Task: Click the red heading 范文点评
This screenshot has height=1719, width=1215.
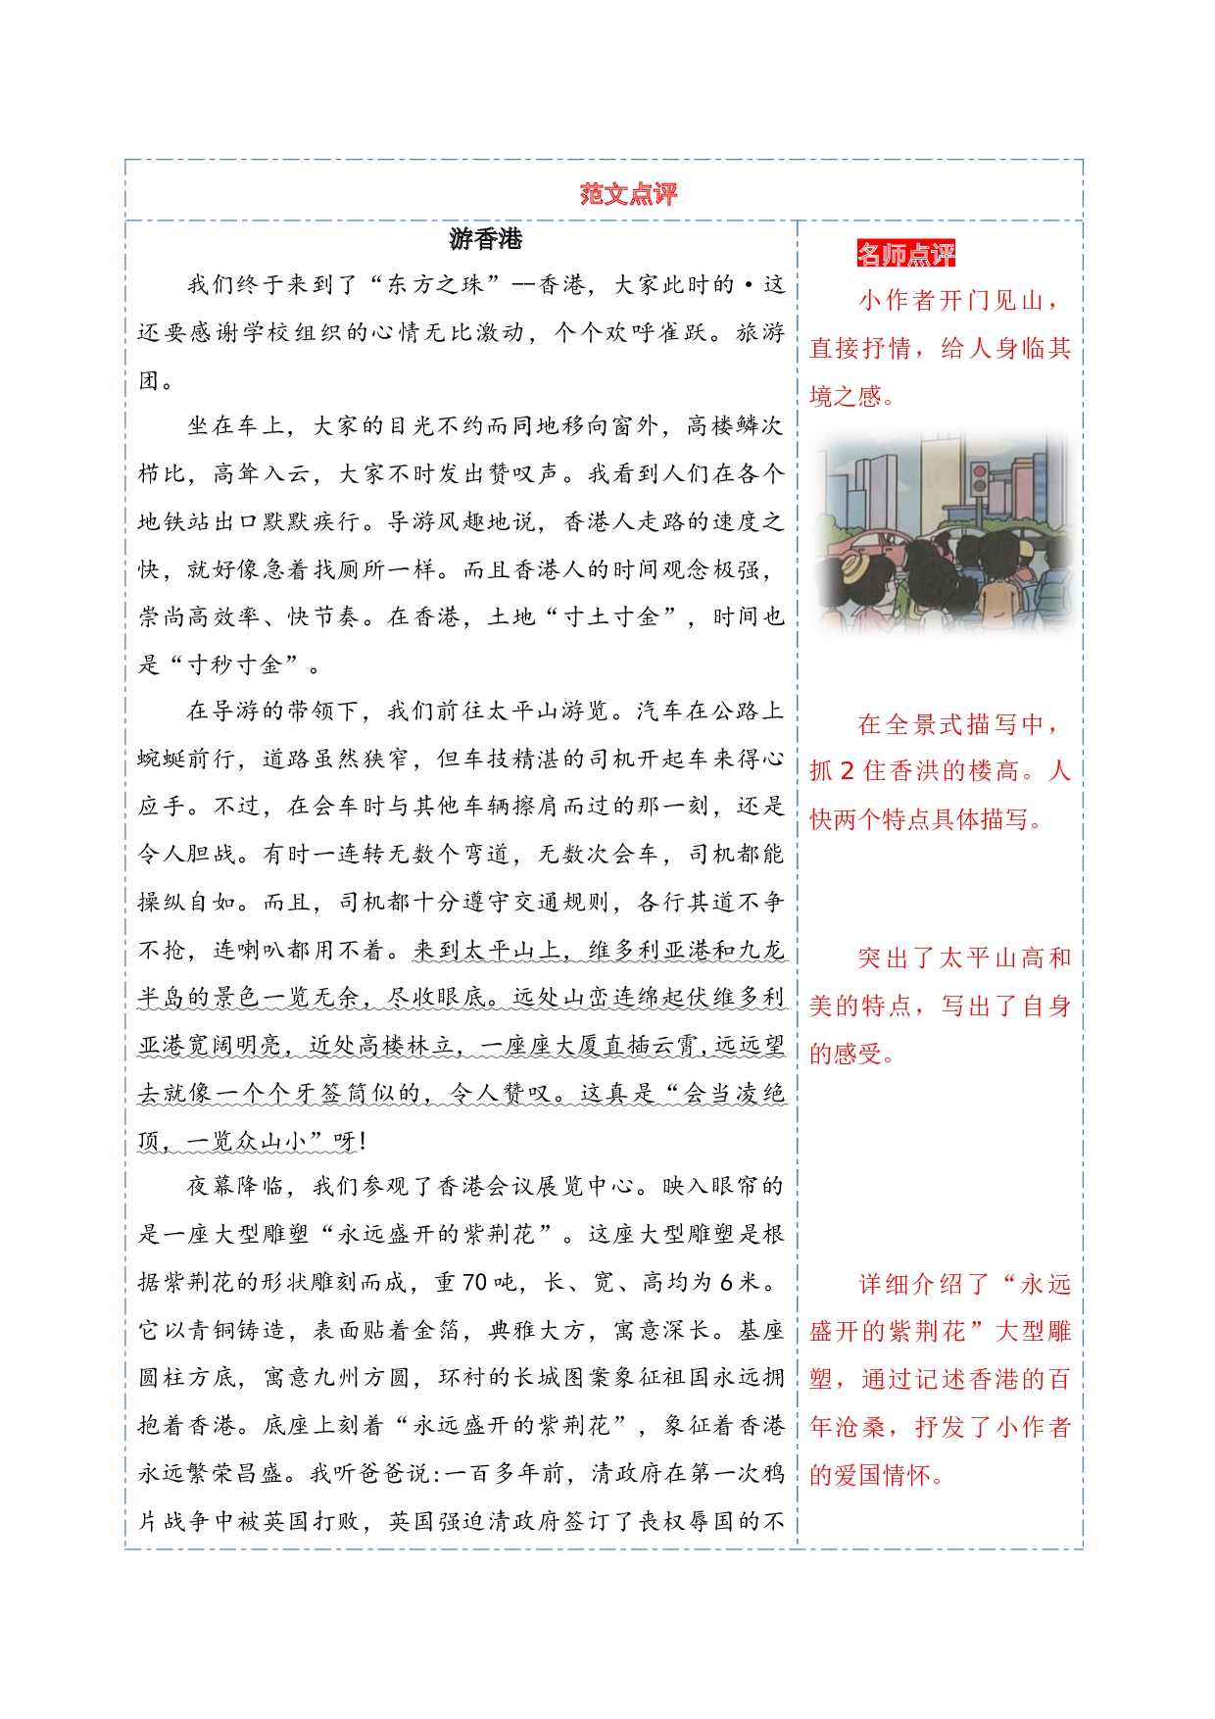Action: click(x=628, y=194)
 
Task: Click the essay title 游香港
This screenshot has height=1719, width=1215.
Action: click(x=486, y=239)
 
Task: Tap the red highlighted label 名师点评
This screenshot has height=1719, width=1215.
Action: click(x=906, y=254)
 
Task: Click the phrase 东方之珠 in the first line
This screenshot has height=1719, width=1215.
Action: click(x=436, y=285)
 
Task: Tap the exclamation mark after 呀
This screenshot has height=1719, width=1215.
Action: click(x=363, y=1142)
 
